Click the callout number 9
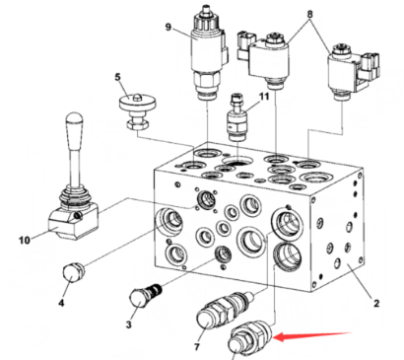coord(168,27)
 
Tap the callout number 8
coord(309,14)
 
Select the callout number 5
coord(117,77)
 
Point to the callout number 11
coord(264,97)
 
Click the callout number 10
coord(25,241)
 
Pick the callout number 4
coord(61,303)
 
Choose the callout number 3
coord(128,324)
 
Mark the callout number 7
coord(197,346)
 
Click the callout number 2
coord(376,303)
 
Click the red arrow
coord(313,336)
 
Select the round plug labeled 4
coord(73,273)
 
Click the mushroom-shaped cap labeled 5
coord(138,110)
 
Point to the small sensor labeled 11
coord(236,117)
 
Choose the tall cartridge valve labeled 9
coord(209,51)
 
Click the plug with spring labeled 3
coord(146,295)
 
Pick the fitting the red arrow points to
coord(250,338)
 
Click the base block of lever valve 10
coord(74,221)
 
